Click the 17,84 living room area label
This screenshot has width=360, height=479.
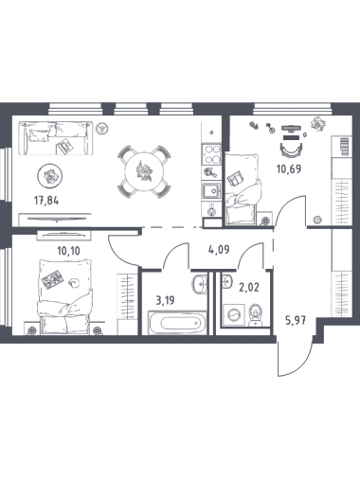tap(46, 201)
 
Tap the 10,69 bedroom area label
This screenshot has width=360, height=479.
tap(289, 169)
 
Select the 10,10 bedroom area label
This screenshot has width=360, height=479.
tap(68, 251)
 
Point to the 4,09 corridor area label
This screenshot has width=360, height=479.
tap(219, 250)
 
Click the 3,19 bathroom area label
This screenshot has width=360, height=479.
tap(165, 300)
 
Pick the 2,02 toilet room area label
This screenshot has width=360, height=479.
tap(249, 288)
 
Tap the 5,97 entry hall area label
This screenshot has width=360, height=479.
tap(296, 321)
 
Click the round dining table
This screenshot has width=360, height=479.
tap(144, 171)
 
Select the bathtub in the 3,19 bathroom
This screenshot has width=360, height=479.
tap(178, 323)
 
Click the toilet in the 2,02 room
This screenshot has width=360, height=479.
tap(256, 314)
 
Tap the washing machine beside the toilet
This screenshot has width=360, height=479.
tap(234, 315)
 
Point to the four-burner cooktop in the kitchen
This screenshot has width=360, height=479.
tap(211, 154)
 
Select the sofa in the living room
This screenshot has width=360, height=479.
tap(55, 138)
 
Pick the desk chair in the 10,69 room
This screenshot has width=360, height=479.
tap(291, 149)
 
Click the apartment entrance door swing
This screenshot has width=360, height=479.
tap(295, 357)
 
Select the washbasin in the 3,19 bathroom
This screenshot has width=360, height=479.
tap(199, 284)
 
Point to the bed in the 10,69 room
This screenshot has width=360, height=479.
tap(243, 188)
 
